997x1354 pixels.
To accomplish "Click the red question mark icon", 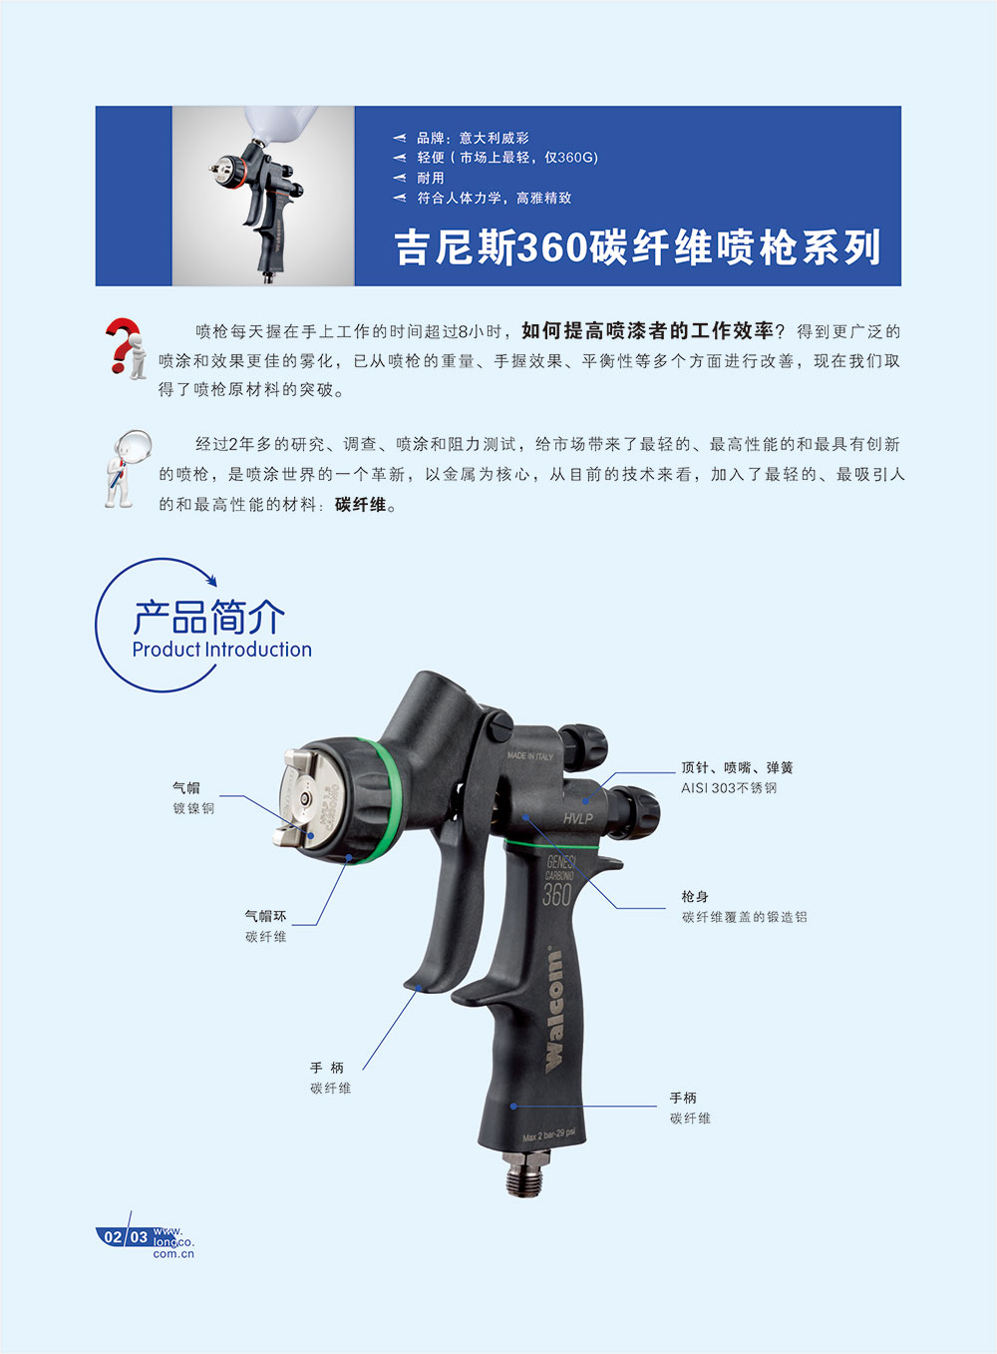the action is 126,347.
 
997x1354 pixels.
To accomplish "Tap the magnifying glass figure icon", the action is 128,468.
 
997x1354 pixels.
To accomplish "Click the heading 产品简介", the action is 208,618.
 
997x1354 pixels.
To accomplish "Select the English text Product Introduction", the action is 221,650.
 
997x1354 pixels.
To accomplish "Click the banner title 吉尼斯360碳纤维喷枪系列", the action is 638,247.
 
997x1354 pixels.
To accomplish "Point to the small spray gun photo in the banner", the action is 263,196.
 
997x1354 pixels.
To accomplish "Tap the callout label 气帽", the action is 186,787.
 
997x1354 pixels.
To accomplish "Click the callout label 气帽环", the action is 266,916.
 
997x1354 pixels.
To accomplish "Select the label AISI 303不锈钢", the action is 729,788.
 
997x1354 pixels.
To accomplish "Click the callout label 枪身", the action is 695,896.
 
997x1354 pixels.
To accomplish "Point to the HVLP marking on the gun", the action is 578,819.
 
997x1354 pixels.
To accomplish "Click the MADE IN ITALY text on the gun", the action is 530,755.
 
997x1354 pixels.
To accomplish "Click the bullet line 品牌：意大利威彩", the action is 473,138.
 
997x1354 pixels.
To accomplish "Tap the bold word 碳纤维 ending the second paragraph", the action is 361,504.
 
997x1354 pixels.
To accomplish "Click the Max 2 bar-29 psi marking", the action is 549,1135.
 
